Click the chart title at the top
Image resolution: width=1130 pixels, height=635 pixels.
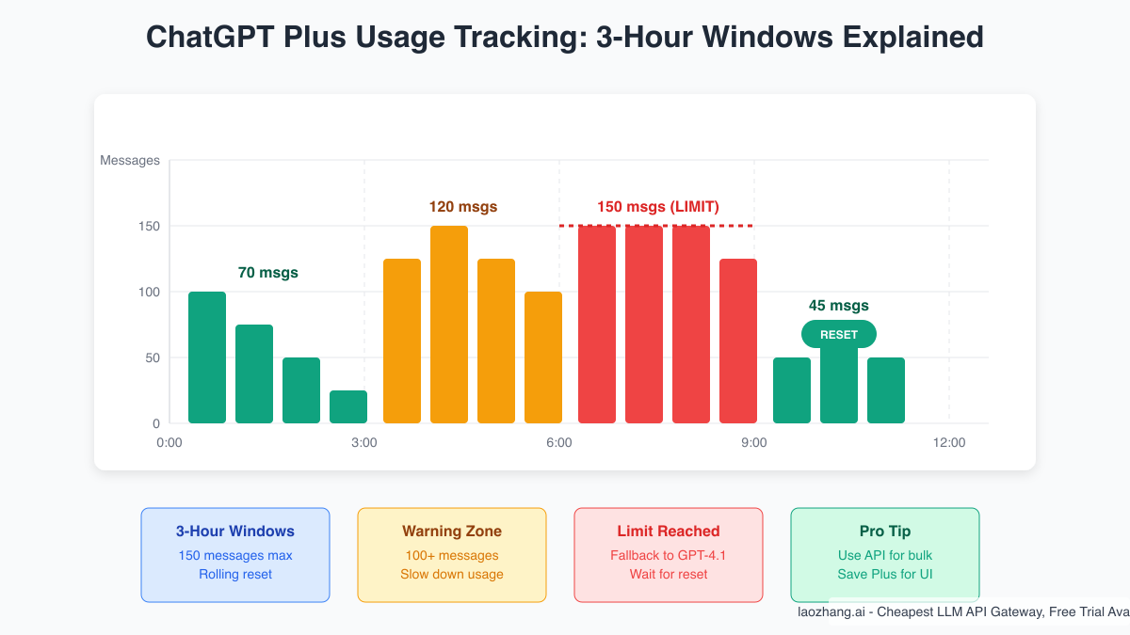coord(565,38)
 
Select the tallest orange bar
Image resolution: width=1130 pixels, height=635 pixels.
coord(449,325)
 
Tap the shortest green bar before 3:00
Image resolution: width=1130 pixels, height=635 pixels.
coord(348,406)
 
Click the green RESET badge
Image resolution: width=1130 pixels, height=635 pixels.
coord(839,334)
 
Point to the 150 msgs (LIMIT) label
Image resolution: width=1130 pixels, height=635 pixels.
coord(658,207)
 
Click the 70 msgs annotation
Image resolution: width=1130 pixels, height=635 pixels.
coord(268,273)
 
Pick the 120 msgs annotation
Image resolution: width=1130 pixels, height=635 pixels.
coord(463,207)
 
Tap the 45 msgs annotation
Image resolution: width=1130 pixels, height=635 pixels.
coord(839,306)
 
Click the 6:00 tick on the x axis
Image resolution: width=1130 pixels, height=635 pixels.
coord(559,442)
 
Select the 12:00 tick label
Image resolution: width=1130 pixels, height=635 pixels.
coord(949,442)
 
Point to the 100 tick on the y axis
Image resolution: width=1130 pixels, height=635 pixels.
coord(149,292)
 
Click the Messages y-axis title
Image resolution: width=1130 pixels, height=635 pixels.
coord(130,161)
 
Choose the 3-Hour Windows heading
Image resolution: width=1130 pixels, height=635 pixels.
coord(235,532)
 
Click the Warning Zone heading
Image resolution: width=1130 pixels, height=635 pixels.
coord(452,532)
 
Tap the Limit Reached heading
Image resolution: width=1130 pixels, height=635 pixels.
coord(669,532)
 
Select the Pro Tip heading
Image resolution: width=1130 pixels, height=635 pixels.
coord(885,532)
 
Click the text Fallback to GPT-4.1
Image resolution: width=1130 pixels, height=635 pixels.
coord(669,555)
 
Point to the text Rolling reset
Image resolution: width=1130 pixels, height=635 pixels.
coord(235,574)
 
